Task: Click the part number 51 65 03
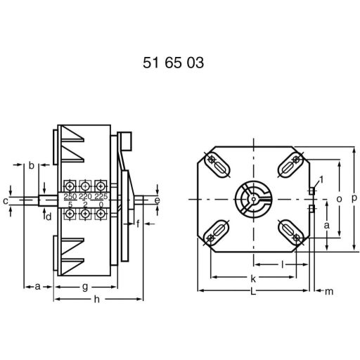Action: [x=173, y=63]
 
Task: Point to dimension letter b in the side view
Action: [x=32, y=166]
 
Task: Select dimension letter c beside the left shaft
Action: [x=5, y=201]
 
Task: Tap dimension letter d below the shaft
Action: [x=49, y=217]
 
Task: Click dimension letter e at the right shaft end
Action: [x=157, y=200]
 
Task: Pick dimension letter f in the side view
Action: [x=138, y=224]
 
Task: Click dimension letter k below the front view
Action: [x=252, y=278]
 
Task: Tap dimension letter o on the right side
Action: [x=338, y=199]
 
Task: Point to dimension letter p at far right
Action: [x=354, y=199]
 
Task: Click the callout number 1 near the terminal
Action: [x=321, y=180]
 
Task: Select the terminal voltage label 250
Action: [x=70, y=197]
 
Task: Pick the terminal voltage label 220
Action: [x=85, y=197]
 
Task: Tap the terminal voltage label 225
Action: [x=101, y=197]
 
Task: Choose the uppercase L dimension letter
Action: [x=252, y=292]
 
